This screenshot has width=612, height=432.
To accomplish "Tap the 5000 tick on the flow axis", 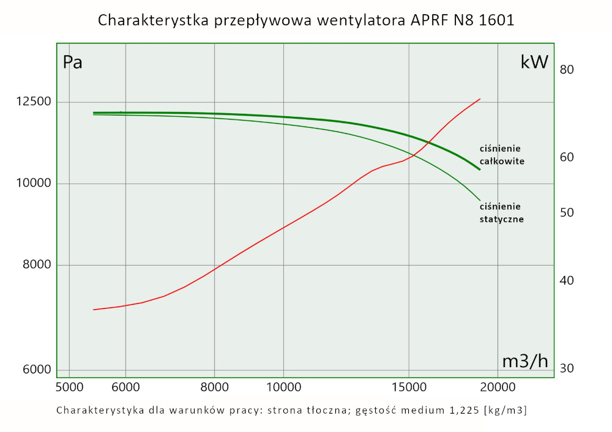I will (69, 387).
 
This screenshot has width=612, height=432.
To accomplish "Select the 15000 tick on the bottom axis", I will (409, 387).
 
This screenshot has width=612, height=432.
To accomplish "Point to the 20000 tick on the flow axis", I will (498, 387).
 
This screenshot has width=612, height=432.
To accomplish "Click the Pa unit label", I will (73, 62).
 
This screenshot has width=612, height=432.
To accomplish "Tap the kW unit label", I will (534, 62).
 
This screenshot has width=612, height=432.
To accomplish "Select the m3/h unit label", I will (524, 362).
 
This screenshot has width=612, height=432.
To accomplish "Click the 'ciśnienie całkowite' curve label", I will (502, 155).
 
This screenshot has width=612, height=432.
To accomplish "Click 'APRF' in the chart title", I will (423, 20).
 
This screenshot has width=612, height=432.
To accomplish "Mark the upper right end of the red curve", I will (480, 99).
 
